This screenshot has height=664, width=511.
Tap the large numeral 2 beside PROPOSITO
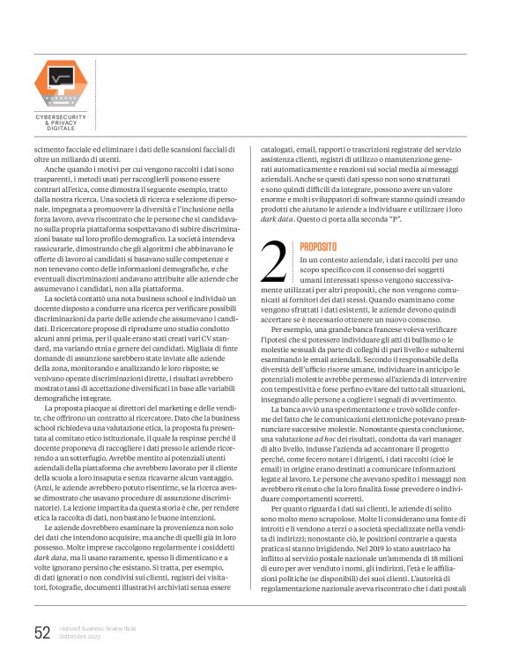(x=275, y=261)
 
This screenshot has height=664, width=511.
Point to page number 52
(x=41, y=632)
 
